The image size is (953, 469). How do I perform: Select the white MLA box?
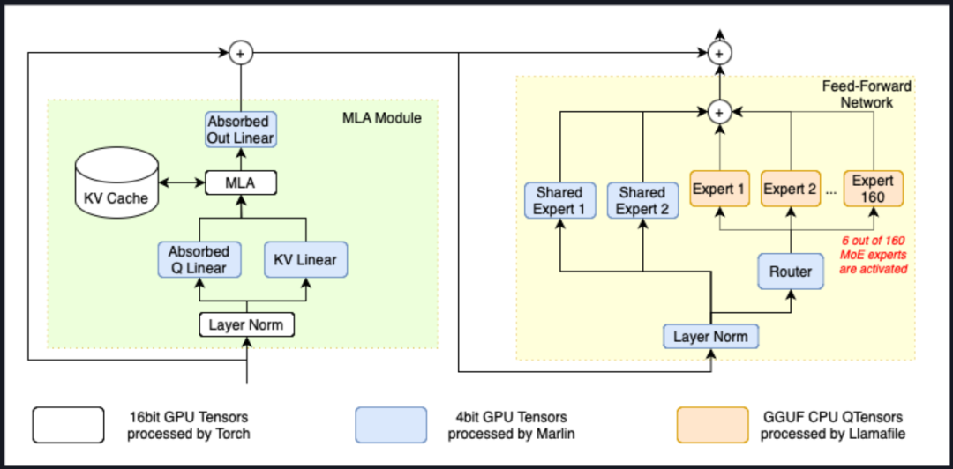tap(241, 182)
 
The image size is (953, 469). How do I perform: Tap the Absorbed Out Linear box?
tap(241, 129)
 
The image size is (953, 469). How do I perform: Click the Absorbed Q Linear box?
tap(199, 259)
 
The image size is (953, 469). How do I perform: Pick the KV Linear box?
tap(305, 259)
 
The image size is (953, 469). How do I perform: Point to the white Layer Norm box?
tap(245, 324)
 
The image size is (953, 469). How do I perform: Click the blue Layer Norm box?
tap(710, 337)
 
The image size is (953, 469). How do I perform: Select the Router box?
tap(790, 272)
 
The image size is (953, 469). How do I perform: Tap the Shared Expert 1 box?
tap(559, 200)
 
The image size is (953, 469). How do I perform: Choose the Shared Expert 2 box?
tap(642, 200)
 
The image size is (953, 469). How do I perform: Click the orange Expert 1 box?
tap(718, 189)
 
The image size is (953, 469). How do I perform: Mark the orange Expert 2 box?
tap(790, 189)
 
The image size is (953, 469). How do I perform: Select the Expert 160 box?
tap(873, 189)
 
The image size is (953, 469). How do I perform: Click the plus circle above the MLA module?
tap(240, 54)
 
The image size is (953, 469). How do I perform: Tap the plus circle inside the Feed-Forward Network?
tap(719, 112)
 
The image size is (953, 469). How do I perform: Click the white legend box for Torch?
tap(69, 424)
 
